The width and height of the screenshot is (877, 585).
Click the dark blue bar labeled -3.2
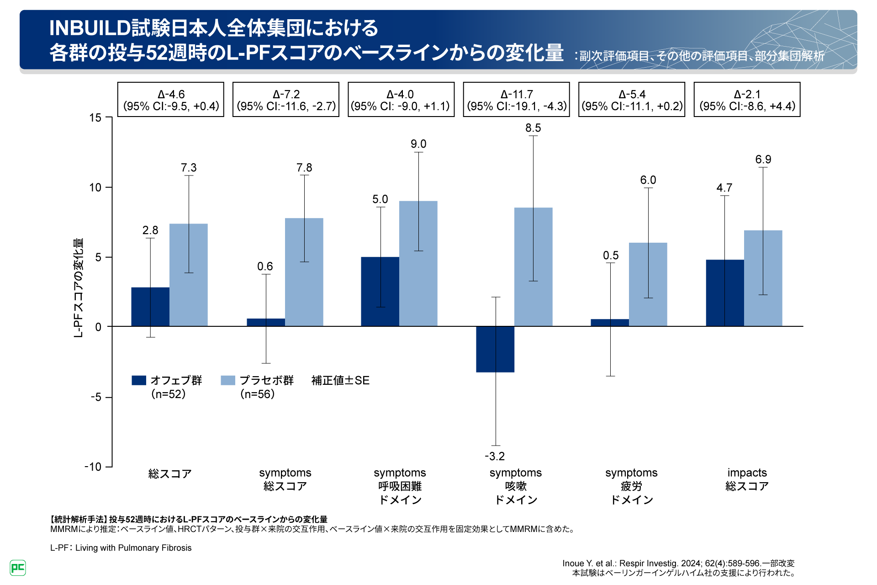pos(495,349)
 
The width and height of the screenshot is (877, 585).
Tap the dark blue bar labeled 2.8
pos(150,307)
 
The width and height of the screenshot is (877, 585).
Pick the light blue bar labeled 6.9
pos(763,278)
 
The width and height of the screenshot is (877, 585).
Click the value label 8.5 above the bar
pos(533,128)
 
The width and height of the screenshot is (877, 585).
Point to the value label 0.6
pos(265,266)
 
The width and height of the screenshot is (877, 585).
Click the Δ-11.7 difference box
pos(516,100)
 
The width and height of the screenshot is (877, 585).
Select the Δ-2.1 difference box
pos(747,100)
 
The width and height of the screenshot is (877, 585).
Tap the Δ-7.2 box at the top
pos(286,100)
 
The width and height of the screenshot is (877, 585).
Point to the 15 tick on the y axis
pos(95,118)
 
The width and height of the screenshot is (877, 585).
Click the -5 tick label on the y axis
pos(95,397)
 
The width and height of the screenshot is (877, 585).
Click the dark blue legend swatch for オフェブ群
pos(139,380)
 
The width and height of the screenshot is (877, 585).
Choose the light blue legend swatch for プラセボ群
pos(228,380)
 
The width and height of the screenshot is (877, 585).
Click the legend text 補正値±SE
pos(340,380)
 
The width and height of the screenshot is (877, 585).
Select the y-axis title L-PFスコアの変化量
pos(79,288)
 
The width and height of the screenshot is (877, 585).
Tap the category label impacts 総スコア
pos(747,479)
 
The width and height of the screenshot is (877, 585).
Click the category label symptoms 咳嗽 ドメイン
pos(516,486)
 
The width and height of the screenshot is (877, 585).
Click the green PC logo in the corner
pos(18,568)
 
